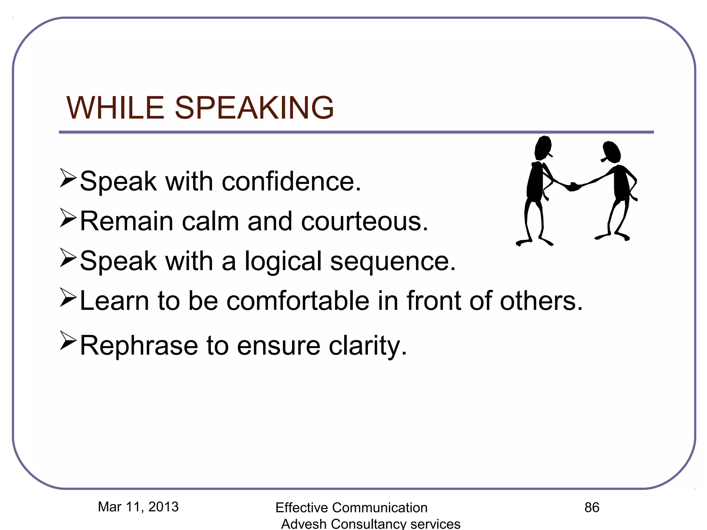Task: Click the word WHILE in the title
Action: click(115, 108)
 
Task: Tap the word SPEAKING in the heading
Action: click(254, 108)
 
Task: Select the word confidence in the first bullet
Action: click(291, 181)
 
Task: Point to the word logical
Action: click(283, 262)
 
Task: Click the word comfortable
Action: click(298, 301)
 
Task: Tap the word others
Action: click(541, 301)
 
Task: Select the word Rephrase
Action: click(139, 346)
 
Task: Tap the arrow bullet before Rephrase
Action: click(68, 340)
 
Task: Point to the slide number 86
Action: click(592, 508)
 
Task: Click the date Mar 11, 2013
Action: click(138, 507)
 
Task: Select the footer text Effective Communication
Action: click(351, 508)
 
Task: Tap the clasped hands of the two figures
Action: click(573, 187)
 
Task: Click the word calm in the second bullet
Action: click(210, 222)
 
